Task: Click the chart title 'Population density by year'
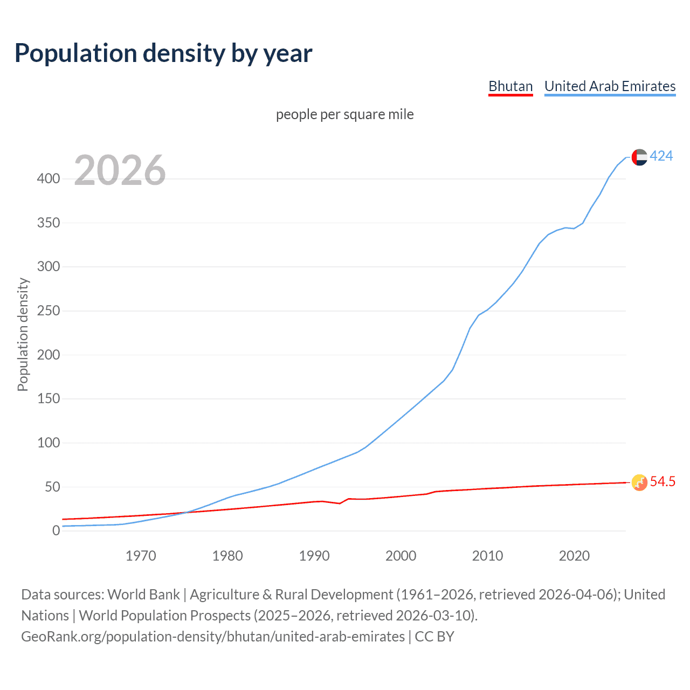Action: [163, 53]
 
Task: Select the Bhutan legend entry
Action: [510, 86]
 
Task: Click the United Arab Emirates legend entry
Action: [610, 86]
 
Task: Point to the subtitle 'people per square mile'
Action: [344, 114]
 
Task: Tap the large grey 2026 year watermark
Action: [120, 170]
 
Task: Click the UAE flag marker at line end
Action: [639, 157]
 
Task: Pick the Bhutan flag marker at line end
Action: [639, 482]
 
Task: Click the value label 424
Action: [661, 156]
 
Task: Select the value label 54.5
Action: [662, 481]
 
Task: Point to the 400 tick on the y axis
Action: [49, 178]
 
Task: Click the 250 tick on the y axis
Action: [49, 310]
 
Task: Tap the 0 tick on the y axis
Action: [56, 530]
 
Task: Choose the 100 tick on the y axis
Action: [49, 443]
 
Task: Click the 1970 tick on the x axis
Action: [141, 556]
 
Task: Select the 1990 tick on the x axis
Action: [314, 556]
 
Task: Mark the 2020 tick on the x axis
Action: [574, 556]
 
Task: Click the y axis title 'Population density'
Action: [23, 334]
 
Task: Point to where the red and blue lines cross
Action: [185, 512]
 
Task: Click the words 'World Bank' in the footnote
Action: [143, 595]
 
